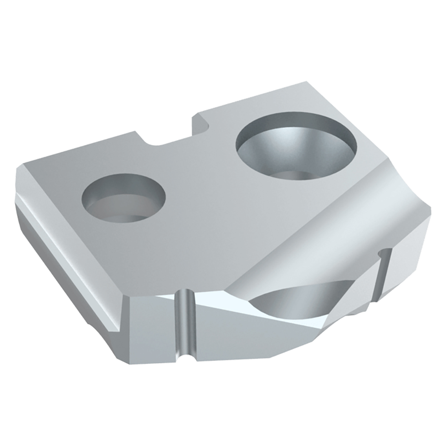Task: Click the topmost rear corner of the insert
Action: coord(306,83)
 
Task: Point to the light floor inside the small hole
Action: coord(118,209)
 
